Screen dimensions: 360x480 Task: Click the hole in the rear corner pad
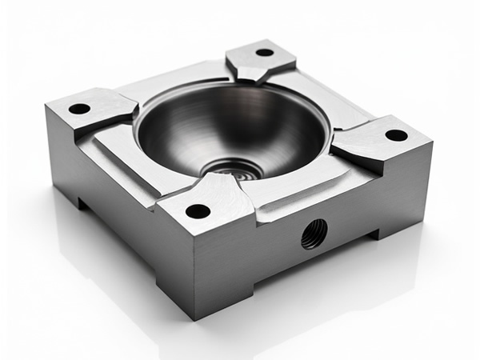pyautogui.click(x=264, y=53)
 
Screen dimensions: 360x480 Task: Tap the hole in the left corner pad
pyautogui.click(x=79, y=108)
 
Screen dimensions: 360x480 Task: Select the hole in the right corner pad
pyautogui.click(x=396, y=135)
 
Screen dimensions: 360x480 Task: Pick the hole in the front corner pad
pyautogui.click(x=198, y=212)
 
